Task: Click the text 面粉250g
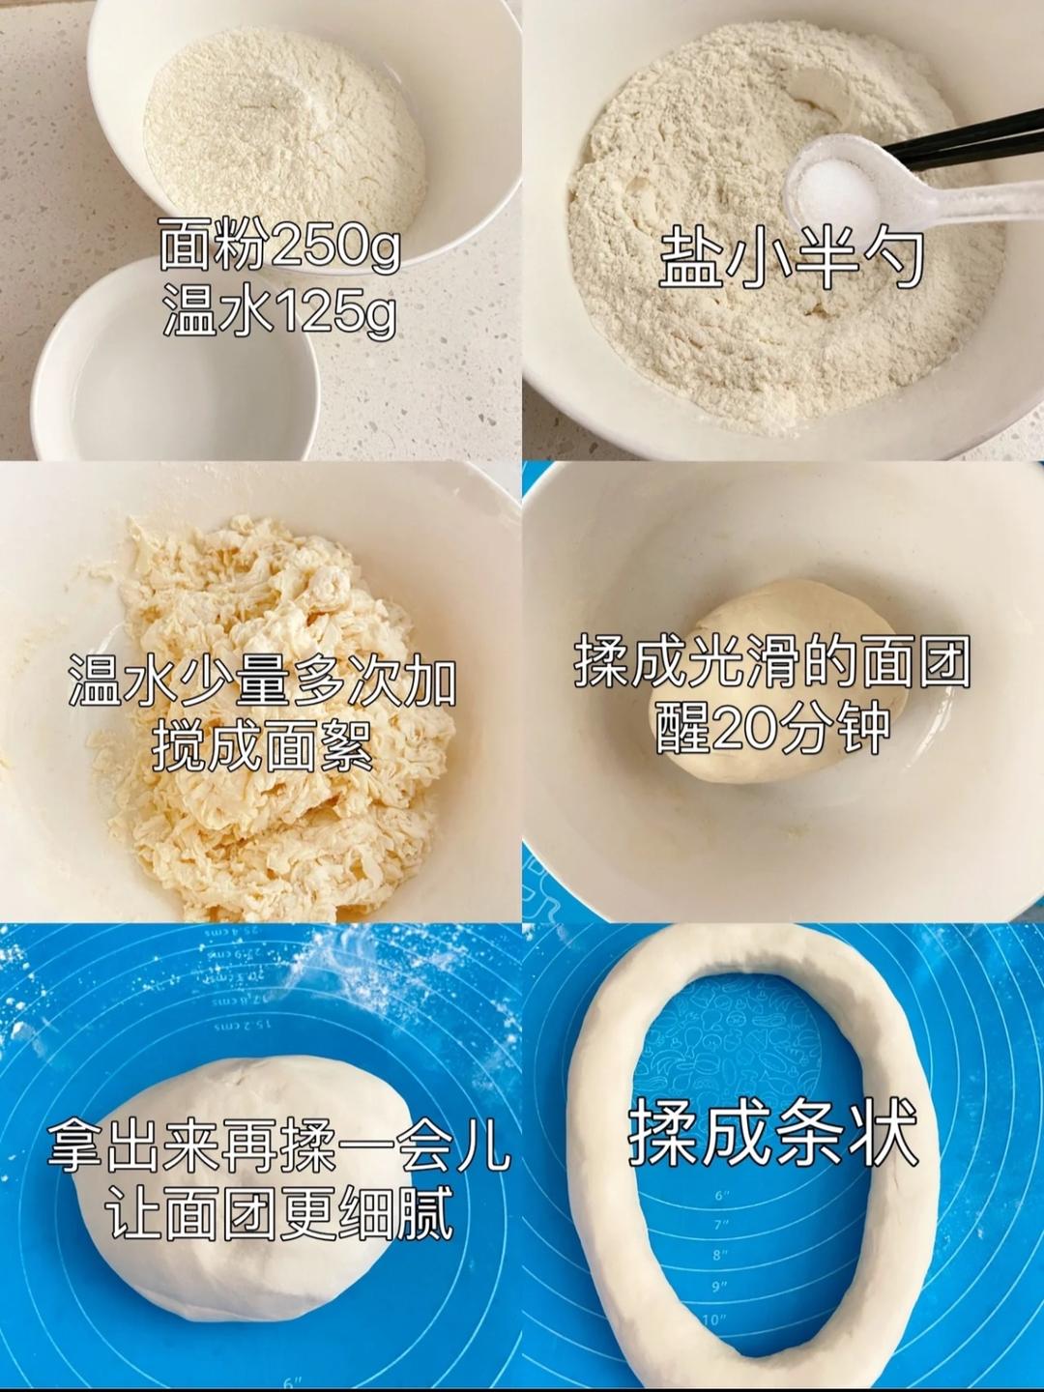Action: point(279,246)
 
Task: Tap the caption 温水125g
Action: point(279,313)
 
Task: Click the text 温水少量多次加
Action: point(262,681)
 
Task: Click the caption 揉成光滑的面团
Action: point(771,662)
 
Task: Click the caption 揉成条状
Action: point(771,1133)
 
